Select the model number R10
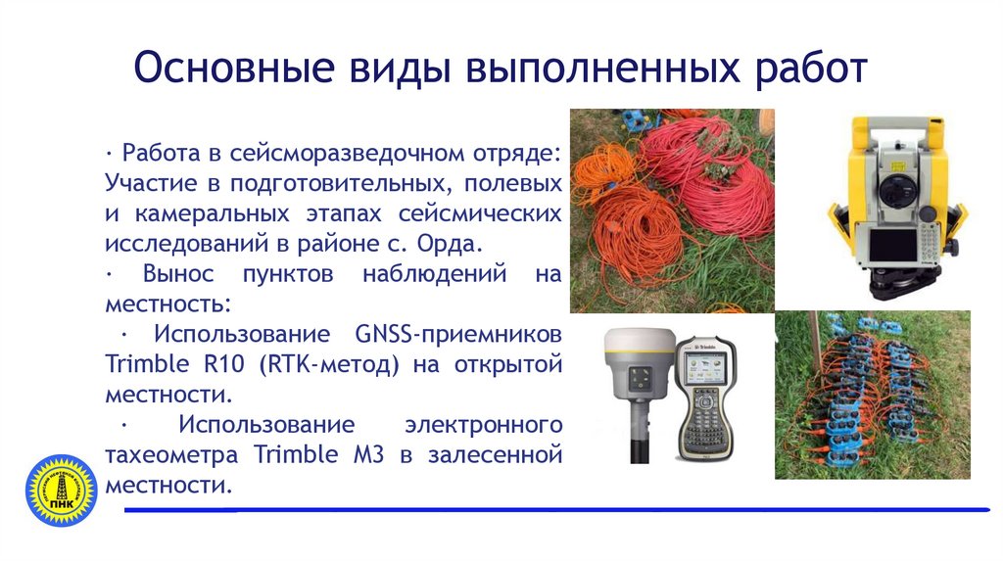coord(227,365)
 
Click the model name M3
coord(369,455)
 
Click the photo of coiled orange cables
coord(672,211)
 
